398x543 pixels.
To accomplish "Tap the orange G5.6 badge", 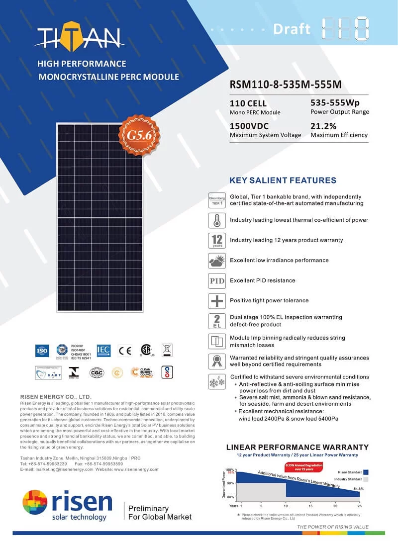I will (x=136, y=135).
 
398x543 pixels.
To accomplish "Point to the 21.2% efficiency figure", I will (x=323, y=126).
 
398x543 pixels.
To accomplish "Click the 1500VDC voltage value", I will (x=249, y=126).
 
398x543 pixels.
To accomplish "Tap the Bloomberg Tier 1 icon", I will (x=217, y=200).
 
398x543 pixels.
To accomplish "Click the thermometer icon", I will (x=217, y=220).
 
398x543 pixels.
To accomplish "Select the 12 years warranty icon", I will (x=217, y=240).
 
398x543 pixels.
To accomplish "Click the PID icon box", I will (x=217, y=280).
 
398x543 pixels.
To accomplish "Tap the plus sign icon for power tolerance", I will (x=217, y=301).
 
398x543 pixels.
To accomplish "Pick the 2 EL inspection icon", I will (x=217, y=321).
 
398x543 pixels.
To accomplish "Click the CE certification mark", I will (x=125, y=351).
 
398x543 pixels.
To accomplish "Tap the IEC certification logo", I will (x=103, y=351).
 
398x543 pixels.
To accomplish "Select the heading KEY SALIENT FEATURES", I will (x=283, y=181).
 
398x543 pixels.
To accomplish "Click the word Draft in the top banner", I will (x=292, y=29).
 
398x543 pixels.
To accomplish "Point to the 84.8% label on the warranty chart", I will (x=358, y=489).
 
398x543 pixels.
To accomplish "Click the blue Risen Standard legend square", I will (x=366, y=472).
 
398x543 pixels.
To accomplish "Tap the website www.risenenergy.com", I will (x=136, y=469).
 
